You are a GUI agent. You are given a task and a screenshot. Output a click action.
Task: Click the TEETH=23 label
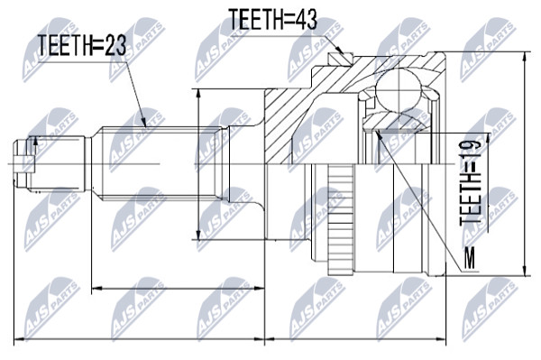[x=82, y=45]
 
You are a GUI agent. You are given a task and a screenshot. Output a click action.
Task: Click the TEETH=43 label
[x=272, y=19]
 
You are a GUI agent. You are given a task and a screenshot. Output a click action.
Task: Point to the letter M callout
[x=469, y=258]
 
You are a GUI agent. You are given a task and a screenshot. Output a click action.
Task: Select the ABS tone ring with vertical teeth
[x=341, y=220]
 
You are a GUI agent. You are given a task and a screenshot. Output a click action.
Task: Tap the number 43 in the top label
[x=304, y=19]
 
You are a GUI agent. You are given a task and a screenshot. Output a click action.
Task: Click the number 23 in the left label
[x=114, y=45]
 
